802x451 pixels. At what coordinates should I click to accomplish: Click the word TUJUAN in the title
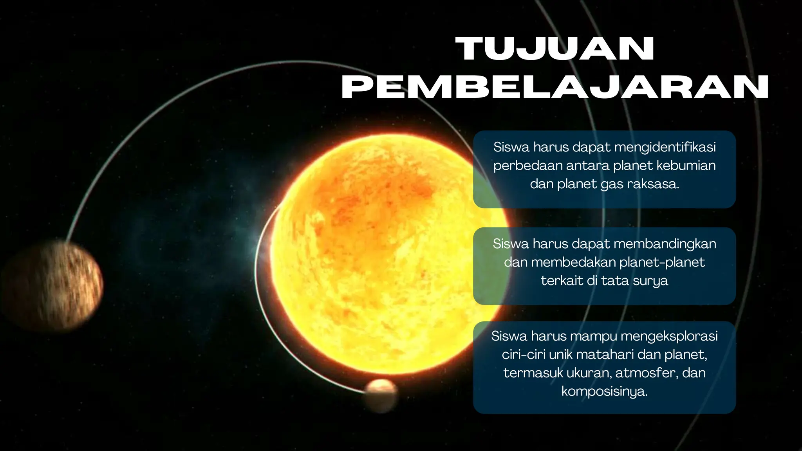[556, 49]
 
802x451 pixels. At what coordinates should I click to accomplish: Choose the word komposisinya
[604, 391]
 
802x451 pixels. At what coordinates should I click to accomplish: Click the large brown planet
[51, 286]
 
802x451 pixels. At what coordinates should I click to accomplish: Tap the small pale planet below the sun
[380, 395]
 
